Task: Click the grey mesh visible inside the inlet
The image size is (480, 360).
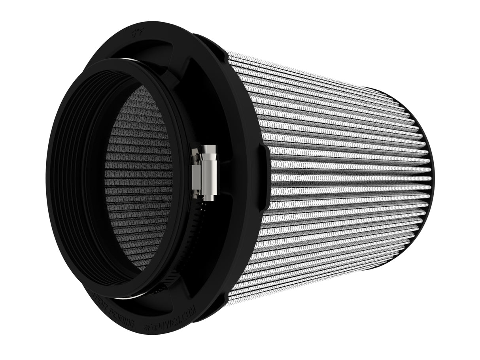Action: [138, 178]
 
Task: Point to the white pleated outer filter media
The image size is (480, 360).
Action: [336, 178]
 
